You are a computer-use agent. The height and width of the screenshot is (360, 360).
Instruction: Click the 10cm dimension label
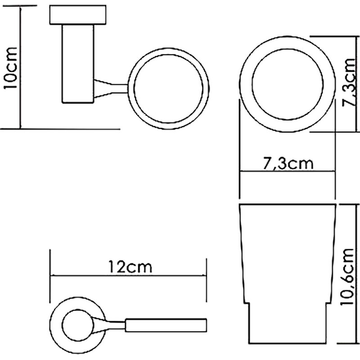pyautogui.click(x=11, y=68)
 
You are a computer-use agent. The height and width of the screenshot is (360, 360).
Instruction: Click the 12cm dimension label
pyautogui.click(x=130, y=267)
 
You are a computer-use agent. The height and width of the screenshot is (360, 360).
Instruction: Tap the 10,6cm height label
pyautogui.click(x=347, y=277)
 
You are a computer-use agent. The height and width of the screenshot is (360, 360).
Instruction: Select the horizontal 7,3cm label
pyautogui.click(x=288, y=163)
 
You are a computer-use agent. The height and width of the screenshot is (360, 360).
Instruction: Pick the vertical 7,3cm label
pyautogui.click(x=349, y=82)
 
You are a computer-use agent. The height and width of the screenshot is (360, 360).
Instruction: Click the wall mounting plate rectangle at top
pyautogui.click(x=78, y=15)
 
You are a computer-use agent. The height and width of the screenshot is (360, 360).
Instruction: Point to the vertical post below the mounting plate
pyautogui.click(x=78, y=63)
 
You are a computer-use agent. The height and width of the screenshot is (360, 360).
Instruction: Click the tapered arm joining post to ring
pyautogui.click(x=111, y=88)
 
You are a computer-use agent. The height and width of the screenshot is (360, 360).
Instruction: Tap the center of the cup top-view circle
pyautogui.click(x=288, y=84)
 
